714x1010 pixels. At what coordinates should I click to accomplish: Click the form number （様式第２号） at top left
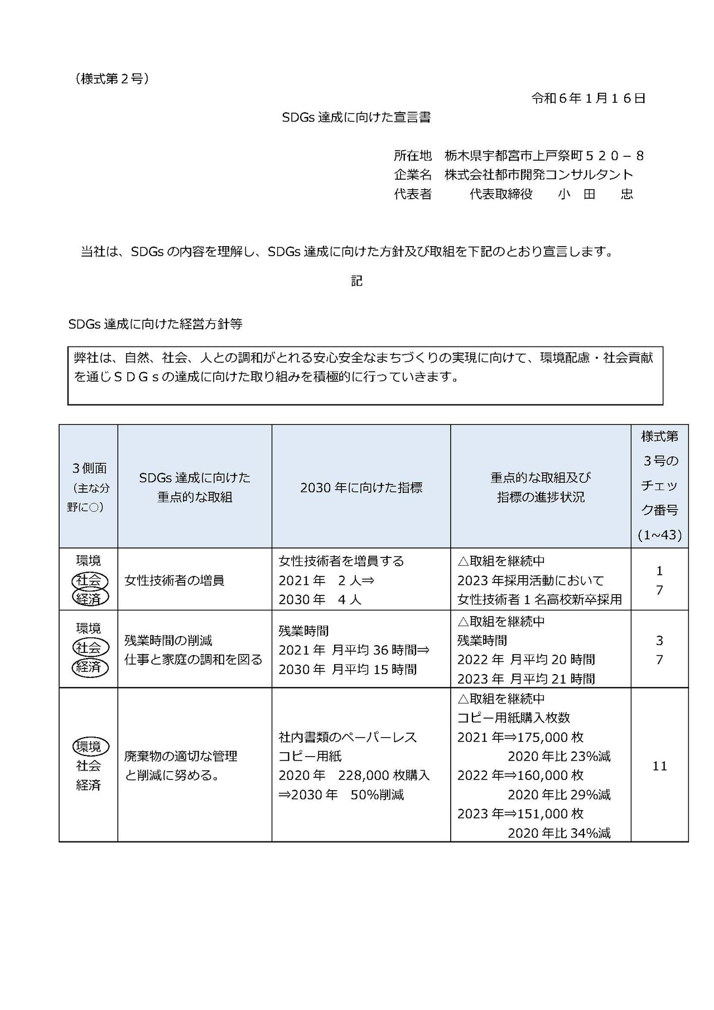click(x=112, y=79)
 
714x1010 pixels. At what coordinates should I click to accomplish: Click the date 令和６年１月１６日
click(x=588, y=99)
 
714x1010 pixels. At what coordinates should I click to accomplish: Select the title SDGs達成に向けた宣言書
click(x=356, y=118)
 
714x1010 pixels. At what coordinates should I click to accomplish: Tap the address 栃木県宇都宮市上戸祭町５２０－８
click(x=544, y=156)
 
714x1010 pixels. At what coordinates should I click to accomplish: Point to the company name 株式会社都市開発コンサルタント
click(x=539, y=175)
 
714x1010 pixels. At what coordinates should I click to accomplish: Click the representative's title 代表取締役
click(x=501, y=194)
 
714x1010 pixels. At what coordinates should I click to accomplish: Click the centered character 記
click(x=356, y=281)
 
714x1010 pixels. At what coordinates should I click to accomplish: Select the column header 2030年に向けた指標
click(x=361, y=488)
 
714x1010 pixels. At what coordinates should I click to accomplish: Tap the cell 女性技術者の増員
click(x=174, y=580)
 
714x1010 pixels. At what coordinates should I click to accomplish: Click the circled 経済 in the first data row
click(x=89, y=598)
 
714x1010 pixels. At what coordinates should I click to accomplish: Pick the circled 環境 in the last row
click(x=89, y=747)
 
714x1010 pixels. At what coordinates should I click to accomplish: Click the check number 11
click(x=659, y=766)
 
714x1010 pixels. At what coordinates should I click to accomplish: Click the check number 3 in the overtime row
click(x=659, y=641)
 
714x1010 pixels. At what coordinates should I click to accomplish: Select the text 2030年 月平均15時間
click(x=348, y=669)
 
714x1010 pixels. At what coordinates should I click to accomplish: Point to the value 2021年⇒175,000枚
click(x=520, y=737)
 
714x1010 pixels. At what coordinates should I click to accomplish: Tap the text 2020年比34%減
click(x=559, y=833)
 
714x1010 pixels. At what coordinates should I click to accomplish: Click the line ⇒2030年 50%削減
click(x=341, y=795)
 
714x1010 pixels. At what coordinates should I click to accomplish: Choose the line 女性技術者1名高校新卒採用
click(x=539, y=600)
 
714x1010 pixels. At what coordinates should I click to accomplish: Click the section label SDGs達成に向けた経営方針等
click(x=155, y=324)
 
